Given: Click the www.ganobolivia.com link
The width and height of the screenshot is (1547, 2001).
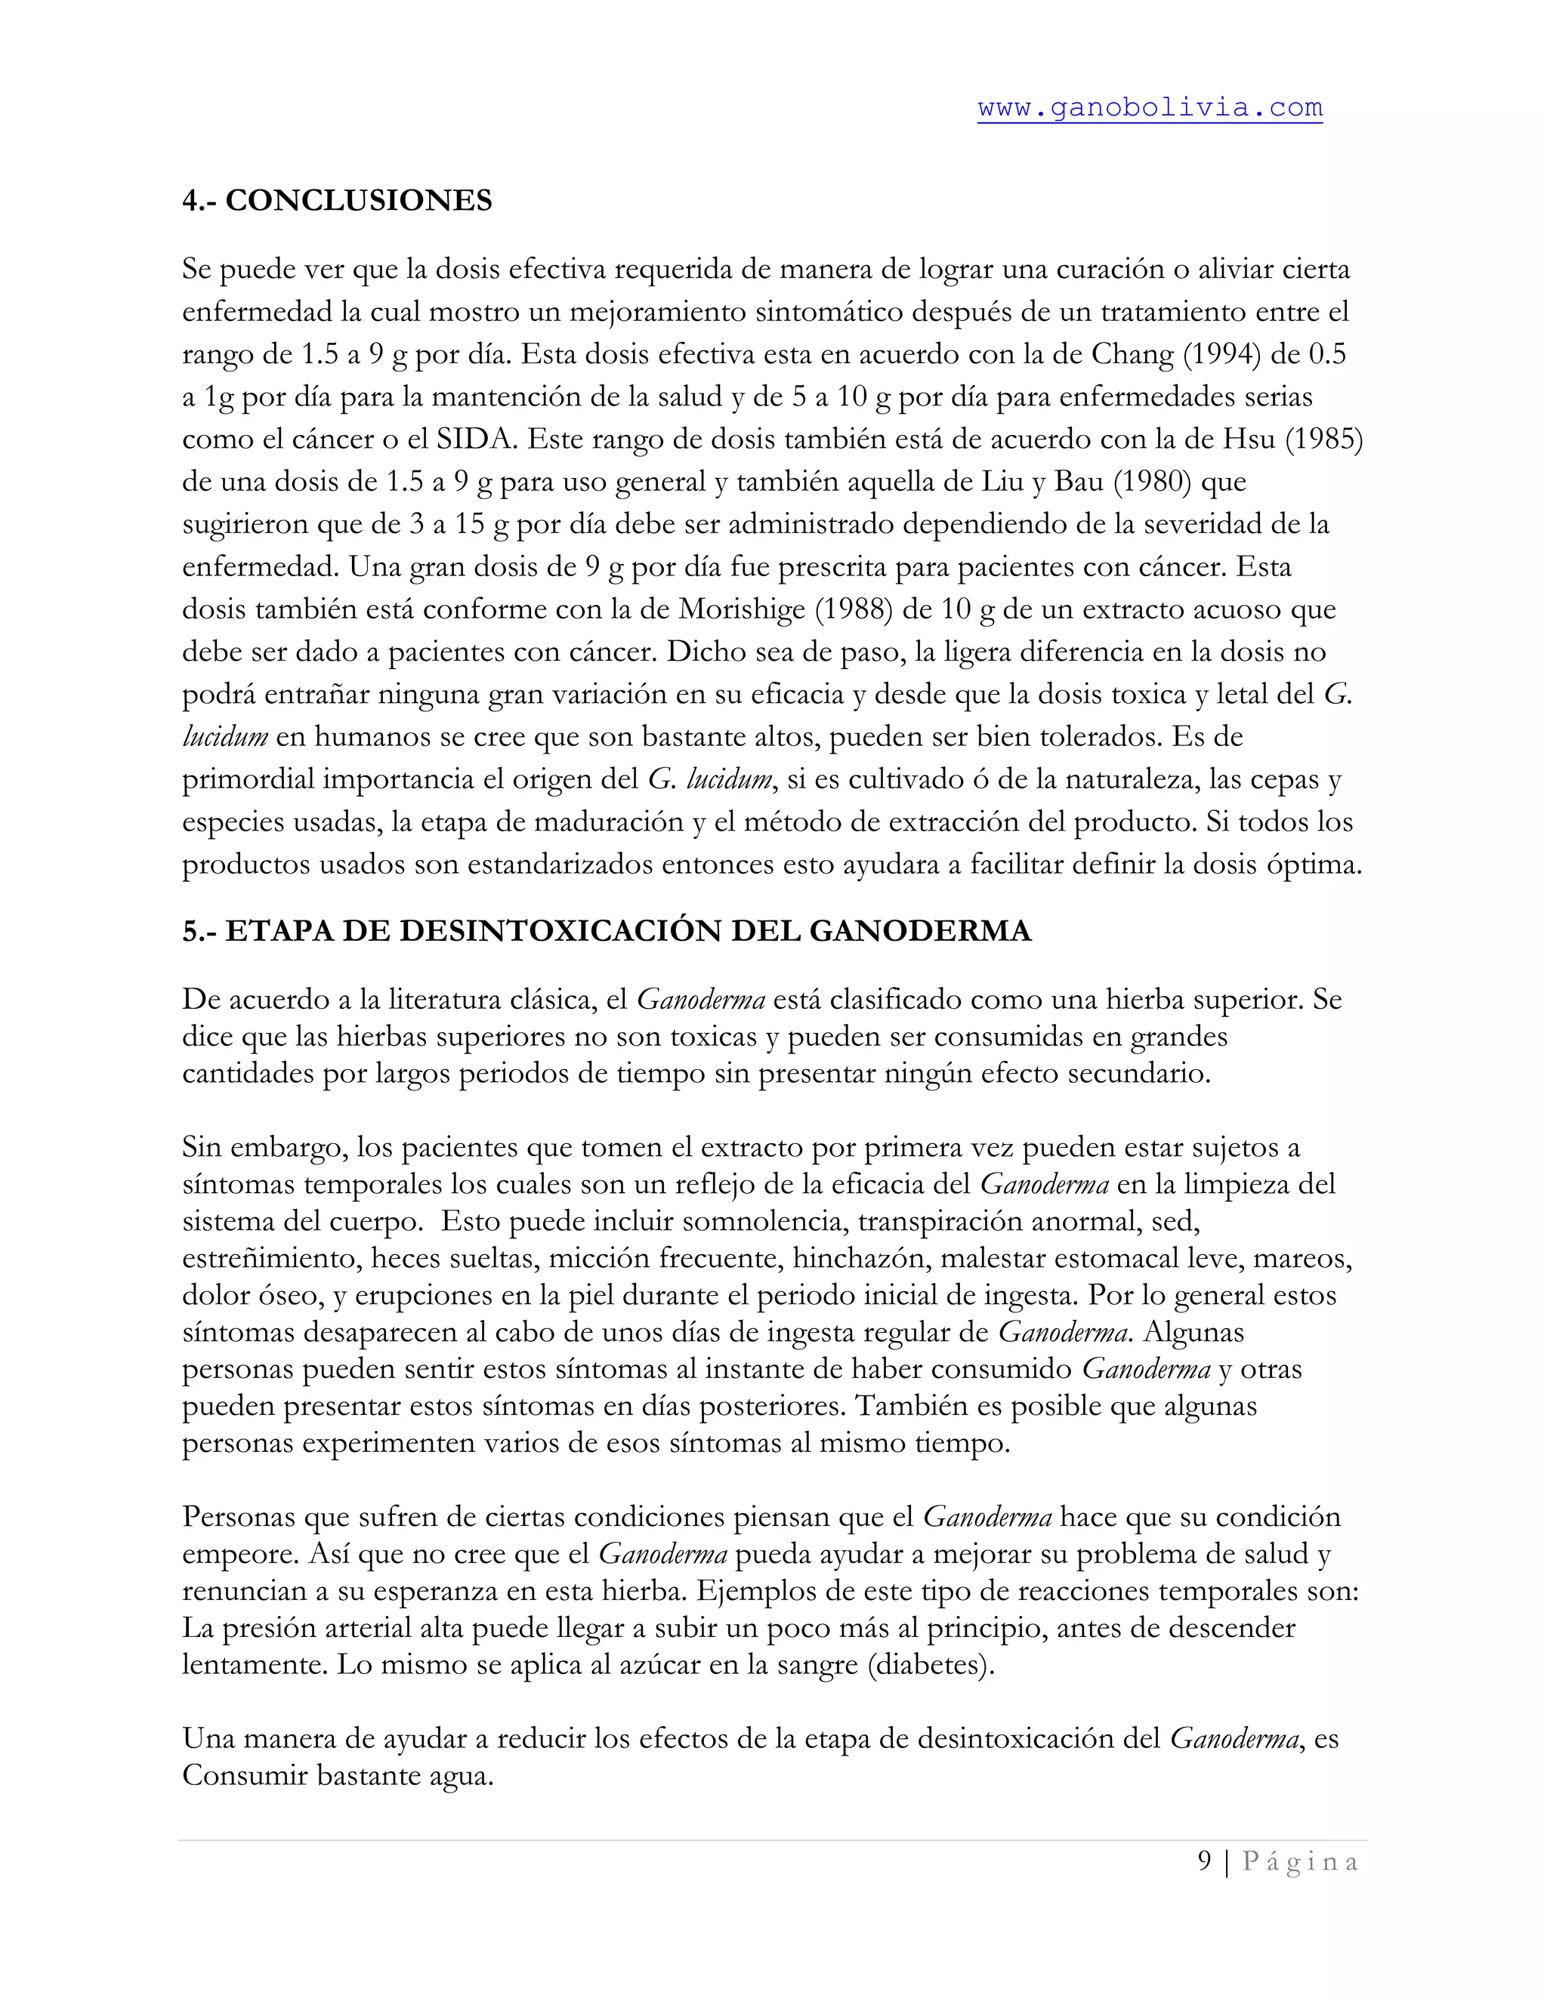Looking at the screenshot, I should [1149, 108].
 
